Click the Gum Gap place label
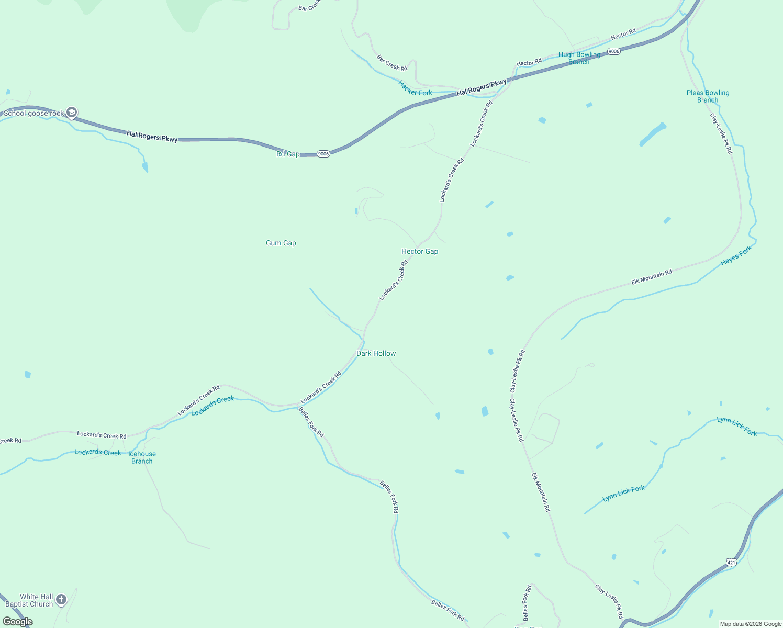pos(281,243)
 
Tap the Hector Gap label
pos(420,251)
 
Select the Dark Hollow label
pos(376,353)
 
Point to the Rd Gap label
pos(288,154)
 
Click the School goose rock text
pos(33,113)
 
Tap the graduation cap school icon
pos(72,113)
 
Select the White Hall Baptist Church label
pos(36,600)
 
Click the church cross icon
pos(61,600)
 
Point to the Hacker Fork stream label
pos(415,88)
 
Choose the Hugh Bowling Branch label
pos(579,58)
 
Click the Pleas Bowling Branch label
pos(708,96)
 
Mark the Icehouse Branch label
pos(142,457)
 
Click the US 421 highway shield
pos(731,562)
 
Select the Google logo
pos(18,622)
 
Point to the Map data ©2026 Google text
pos(751,624)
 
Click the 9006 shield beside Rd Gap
pos(323,154)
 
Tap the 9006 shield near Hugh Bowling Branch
pos(614,51)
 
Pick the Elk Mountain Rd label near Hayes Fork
pos(651,277)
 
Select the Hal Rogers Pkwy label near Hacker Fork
pos(482,87)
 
